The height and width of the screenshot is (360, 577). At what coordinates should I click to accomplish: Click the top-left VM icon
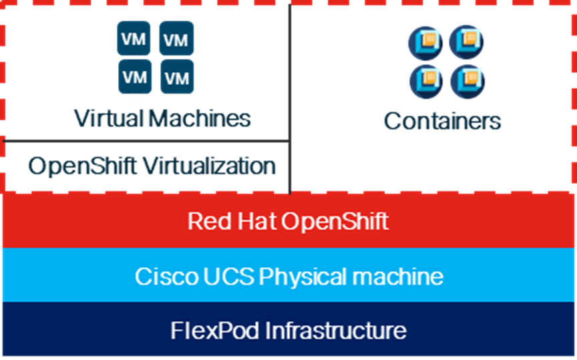pos(134,38)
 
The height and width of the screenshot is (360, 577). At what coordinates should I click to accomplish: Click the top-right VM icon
pos(176,38)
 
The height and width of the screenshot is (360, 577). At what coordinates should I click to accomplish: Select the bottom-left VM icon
pos(134,77)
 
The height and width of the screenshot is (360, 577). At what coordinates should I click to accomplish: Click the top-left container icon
pos(425,43)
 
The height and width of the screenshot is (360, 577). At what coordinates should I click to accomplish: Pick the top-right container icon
pos(467,42)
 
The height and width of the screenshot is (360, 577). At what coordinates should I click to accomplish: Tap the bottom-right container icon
pos(467,81)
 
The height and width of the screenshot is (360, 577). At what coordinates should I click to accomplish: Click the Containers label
pos(442,121)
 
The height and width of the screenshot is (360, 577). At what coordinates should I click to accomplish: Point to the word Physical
pos(301,276)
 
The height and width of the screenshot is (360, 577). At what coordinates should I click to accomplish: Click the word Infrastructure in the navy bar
pos(335,331)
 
